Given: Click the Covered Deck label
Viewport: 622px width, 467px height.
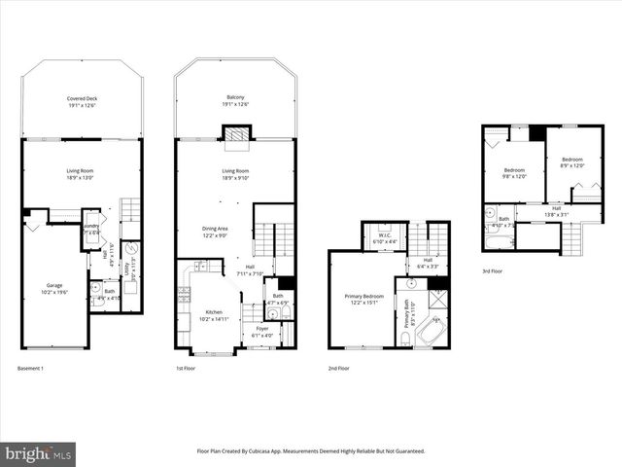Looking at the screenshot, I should (x=82, y=101).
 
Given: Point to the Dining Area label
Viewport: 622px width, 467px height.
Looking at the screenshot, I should (x=215, y=231).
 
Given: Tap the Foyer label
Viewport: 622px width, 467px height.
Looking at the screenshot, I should (x=261, y=331).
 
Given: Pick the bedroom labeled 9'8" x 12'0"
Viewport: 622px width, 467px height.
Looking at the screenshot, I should (x=513, y=172).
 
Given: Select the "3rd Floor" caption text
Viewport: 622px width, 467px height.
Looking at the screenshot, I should (x=493, y=271).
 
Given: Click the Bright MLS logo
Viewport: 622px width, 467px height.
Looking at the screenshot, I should (x=39, y=452).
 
